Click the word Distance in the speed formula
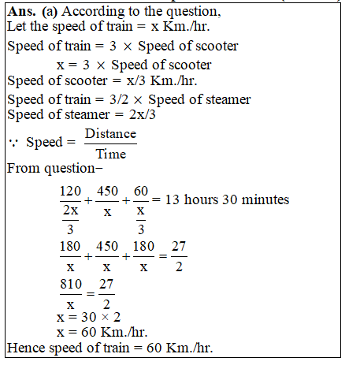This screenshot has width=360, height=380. (110, 134)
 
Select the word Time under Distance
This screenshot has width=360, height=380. (110, 154)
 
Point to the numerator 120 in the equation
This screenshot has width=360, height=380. (70, 192)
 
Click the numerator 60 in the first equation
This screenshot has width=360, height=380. (141, 192)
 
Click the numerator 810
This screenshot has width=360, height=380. (70, 283)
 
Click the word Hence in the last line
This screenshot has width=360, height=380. (24, 347)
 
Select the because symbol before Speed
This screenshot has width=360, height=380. (13, 143)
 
